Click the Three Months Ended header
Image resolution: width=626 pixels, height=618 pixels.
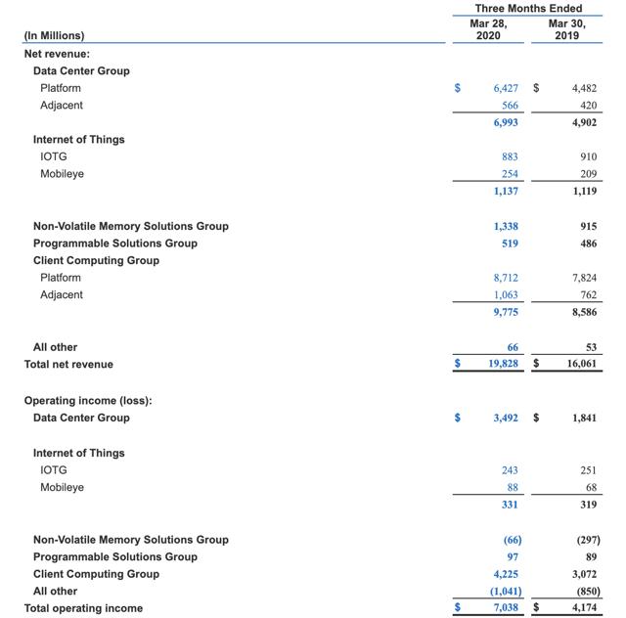point(528,9)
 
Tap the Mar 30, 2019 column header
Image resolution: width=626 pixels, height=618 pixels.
point(565,28)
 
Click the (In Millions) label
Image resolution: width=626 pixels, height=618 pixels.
point(55,36)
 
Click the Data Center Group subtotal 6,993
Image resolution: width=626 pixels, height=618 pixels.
point(506,122)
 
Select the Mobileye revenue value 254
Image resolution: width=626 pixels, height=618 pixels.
point(509,174)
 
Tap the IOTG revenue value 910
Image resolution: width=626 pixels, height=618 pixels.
point(588,156)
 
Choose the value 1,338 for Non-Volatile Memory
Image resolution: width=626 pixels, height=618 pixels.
point(506,226)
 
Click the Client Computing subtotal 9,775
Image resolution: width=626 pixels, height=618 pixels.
point(506,312)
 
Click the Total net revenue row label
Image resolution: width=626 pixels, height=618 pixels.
point(68,365)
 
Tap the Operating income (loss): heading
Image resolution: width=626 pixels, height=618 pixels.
point(88,401)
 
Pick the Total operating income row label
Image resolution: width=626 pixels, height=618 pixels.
point(83,608)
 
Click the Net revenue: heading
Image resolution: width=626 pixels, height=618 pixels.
point(57,54)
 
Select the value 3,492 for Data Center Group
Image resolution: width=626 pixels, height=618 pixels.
point(506,419)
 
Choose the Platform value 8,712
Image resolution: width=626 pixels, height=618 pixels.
point(506,278)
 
